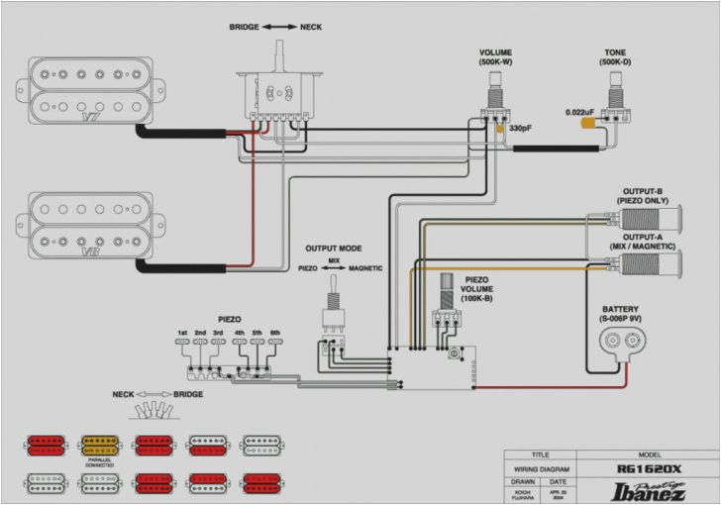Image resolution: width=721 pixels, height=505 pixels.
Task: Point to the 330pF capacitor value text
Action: [x=521, y=129]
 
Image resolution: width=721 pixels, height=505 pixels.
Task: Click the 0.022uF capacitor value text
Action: [x=579, y=112]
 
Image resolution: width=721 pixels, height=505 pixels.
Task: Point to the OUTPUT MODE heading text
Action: [x=333, y=249]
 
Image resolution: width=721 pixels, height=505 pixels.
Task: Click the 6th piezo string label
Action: [x=274, y=332]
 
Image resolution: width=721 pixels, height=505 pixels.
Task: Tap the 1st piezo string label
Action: [x=183, y=332]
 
